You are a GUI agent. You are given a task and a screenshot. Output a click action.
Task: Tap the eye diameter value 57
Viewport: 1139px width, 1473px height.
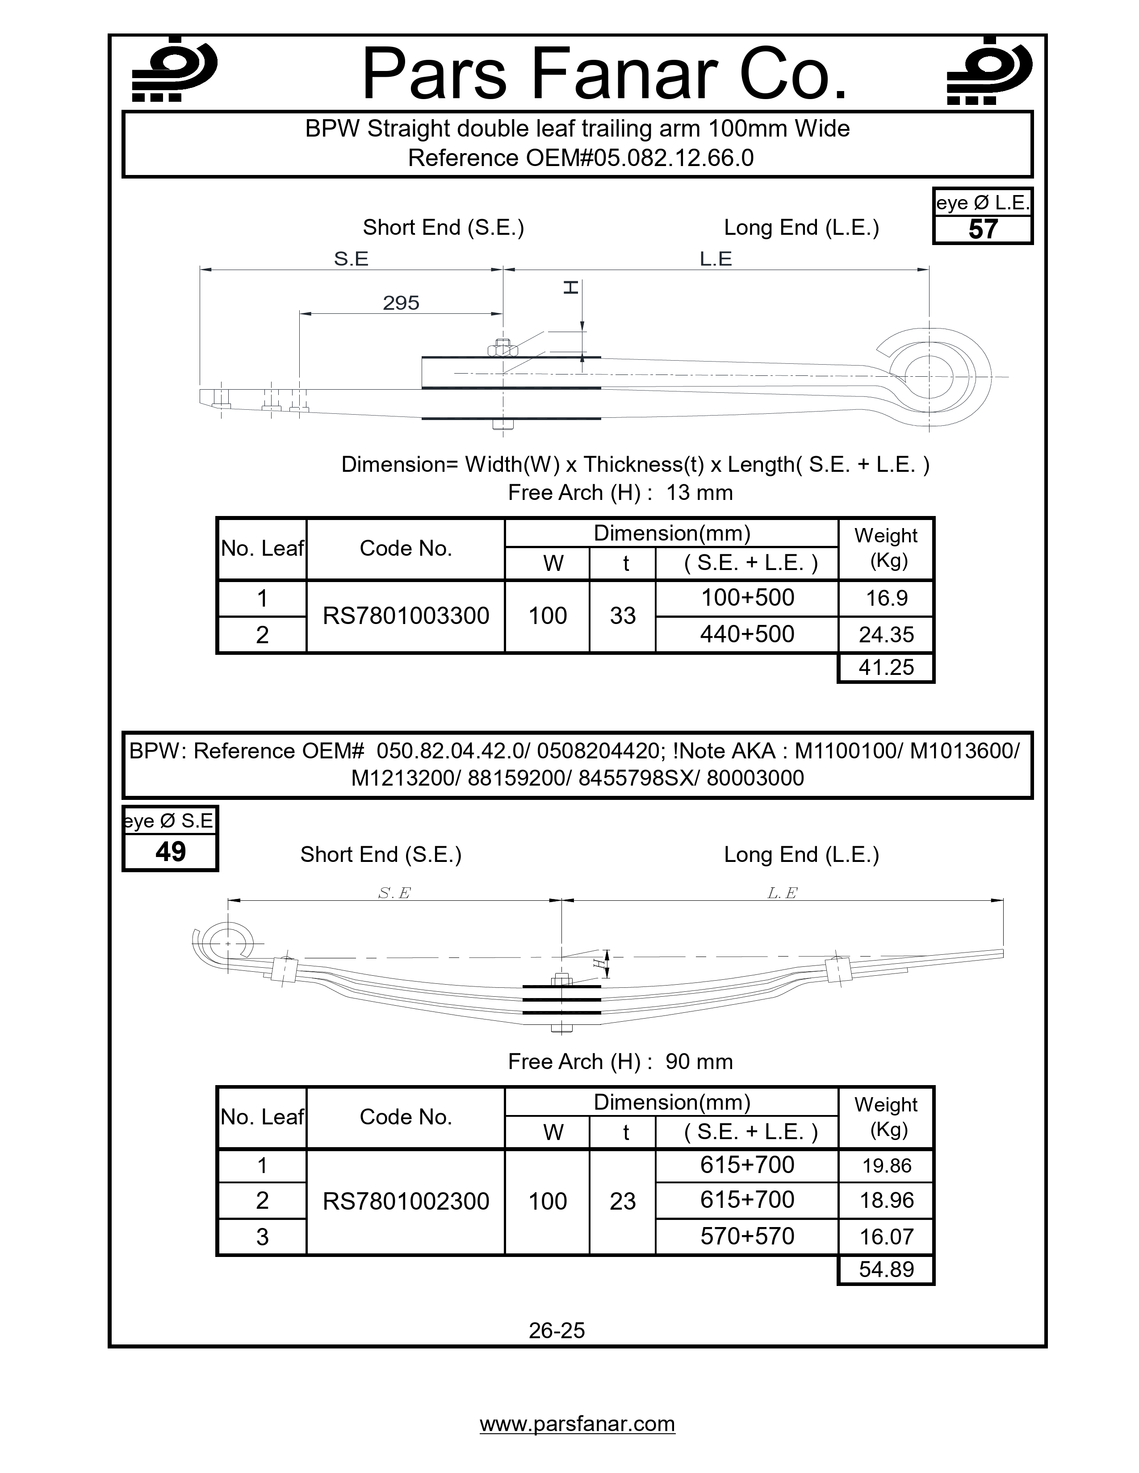(983, 230)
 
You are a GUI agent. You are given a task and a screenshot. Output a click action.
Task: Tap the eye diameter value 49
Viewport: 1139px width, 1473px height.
(170, 852)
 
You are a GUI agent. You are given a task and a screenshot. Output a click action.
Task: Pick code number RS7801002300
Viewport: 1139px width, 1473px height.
(406, 1201)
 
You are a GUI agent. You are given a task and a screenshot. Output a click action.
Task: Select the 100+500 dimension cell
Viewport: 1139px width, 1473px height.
(747, 598)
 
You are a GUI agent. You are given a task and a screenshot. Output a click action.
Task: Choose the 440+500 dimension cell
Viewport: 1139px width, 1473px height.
(747, 634)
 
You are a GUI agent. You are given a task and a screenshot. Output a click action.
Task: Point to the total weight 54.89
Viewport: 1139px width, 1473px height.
(886, 1269)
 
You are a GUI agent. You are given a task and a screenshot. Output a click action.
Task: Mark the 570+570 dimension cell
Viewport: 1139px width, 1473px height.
(747, 1236)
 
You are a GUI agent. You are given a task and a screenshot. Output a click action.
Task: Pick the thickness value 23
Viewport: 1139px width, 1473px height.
(622, 1201)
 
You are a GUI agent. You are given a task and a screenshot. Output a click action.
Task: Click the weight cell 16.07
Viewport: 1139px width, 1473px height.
(886, 1236)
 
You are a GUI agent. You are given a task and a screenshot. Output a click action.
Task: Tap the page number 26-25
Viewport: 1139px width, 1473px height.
(557, 1330)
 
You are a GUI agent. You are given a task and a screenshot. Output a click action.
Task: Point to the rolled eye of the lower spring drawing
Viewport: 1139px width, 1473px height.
(228, 943)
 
